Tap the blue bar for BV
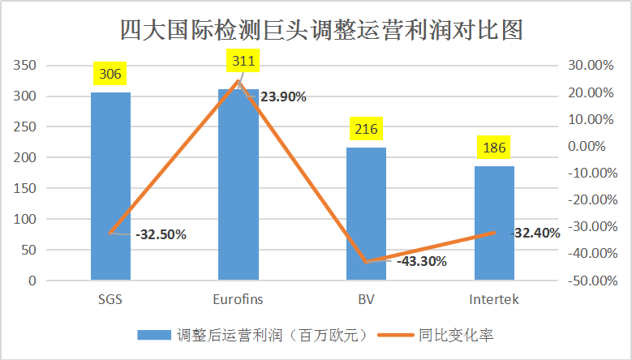pyautogui.click(x=366, y=214)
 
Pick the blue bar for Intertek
pyautogui.click(x=494, y=223)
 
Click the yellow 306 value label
pyautogui.click(x=110, y=75)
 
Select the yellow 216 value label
pyautogui.click(x=366, y=130)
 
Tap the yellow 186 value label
pyautogui.click(x=494, y=148)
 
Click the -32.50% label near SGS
pyautogui.click(x=161, y=235)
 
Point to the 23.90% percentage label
pyautogui.click(x=283, y=97)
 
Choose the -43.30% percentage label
pyautogui.click(x=422, y=261)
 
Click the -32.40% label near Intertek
pyautogui.click(x=536, y=233)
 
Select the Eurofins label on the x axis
pyautogui.click(x=238, y=299)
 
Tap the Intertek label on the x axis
pyautogui.click(x=494, y=299)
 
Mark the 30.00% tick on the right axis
pyautogui.click(x=591, y=66)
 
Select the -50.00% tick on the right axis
pyautogui.click(x=588, y=281)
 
